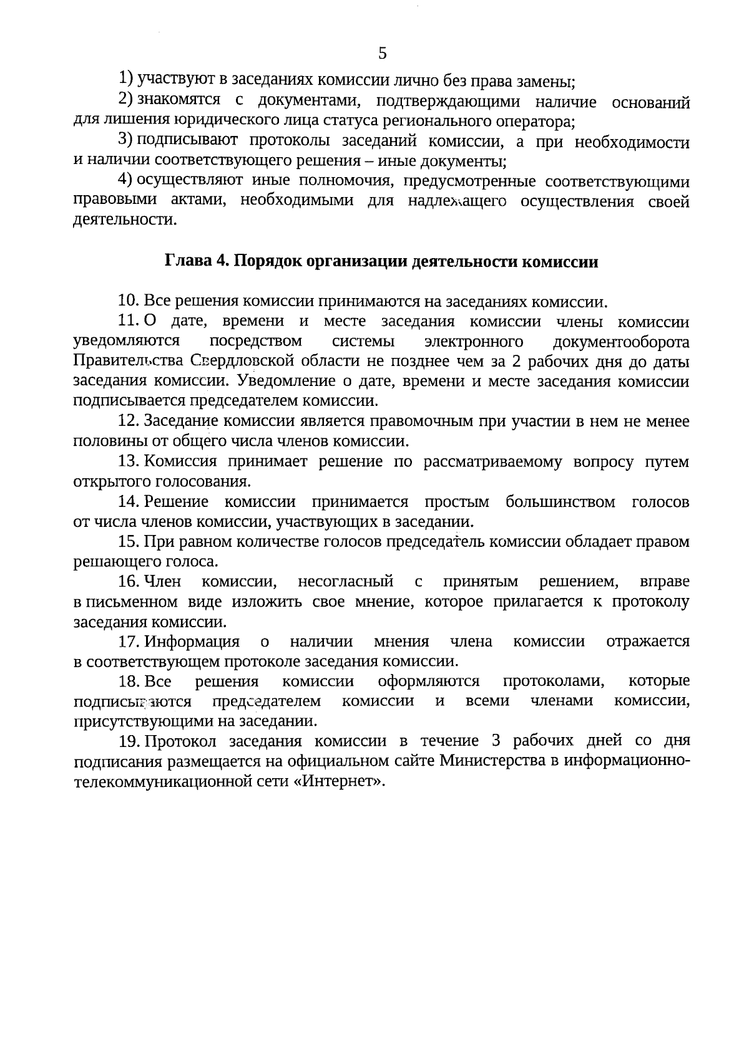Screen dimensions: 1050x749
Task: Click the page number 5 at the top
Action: (x=383, y=54)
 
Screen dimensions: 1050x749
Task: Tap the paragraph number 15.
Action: (x=128, y=542)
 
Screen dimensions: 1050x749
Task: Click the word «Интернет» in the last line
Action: (x=337, y=781)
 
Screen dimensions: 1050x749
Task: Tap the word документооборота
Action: (x=621, y=342)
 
